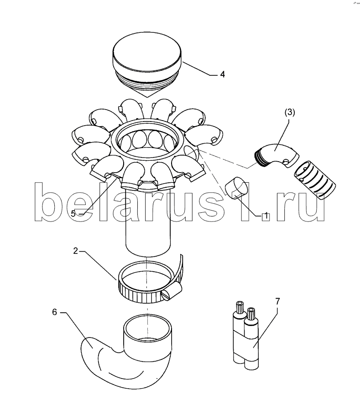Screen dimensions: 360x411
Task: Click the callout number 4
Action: [222, 74]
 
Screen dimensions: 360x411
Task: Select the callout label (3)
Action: [290, 112]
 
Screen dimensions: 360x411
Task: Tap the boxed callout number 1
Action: [266, 216]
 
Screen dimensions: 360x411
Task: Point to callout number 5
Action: [73, 214]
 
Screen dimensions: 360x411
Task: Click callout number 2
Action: [76, 251]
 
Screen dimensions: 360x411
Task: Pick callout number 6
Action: [54, 312]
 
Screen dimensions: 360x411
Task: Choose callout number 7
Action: [277, 301]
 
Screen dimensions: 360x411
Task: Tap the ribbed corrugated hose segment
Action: [315, 180]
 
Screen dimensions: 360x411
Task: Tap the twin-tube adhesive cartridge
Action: [245, 336]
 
